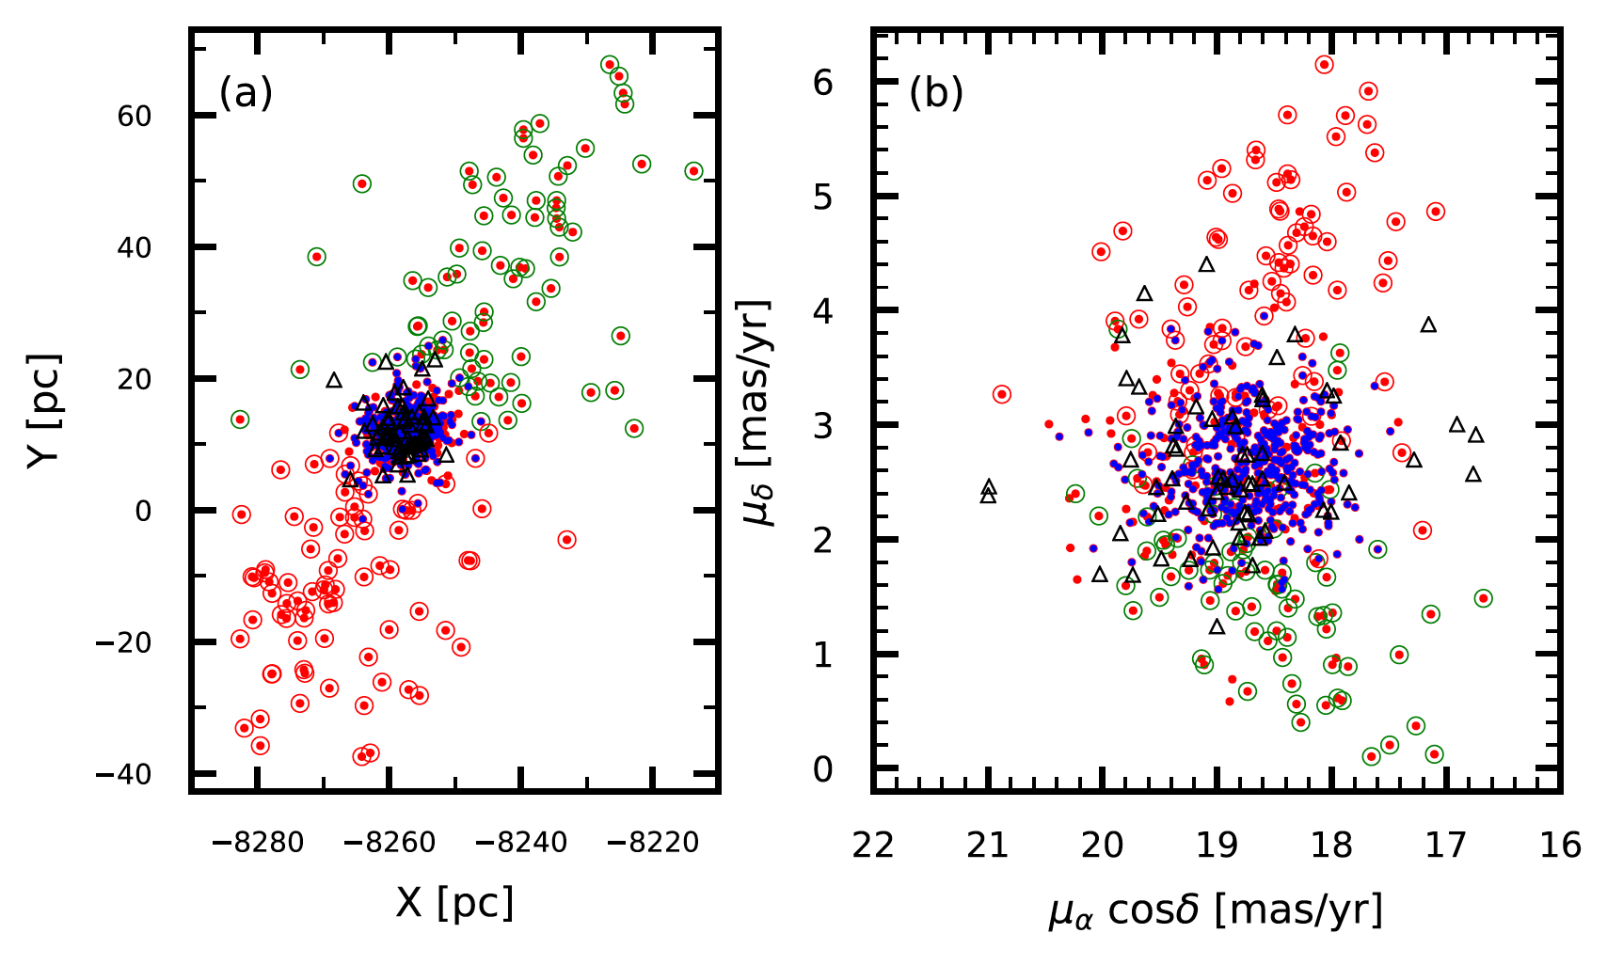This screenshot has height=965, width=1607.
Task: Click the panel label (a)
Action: click(x=246, y=94)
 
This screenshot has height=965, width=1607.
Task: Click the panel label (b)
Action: click(x=935, y=94)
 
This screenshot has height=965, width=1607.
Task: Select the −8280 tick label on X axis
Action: click(x=258, y=843)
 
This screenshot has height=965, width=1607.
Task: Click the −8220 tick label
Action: click(x=653, y=843)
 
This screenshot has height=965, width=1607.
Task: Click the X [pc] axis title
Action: click(x=454, y=903)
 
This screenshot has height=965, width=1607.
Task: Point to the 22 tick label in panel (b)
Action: click(x=873, y=845)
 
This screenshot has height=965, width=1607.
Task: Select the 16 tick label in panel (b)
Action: click(x=1561, y=845)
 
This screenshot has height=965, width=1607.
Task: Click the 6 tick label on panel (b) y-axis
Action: click(x=822, y=84)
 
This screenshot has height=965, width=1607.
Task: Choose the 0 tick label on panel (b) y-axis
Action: click(x=822, y=770)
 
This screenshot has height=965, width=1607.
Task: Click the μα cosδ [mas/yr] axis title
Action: click(x=1216, y=910)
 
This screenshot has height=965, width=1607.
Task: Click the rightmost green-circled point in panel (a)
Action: click(x=693, y=171)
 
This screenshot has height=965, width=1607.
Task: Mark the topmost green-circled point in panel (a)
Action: click(x=610, y=65)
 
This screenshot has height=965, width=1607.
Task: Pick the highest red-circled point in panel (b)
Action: click(x=1324, y=65)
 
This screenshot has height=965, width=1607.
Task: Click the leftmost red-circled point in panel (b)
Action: click(x=1001, y=394)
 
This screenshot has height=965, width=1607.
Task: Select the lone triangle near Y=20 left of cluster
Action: click(x=333, y=380)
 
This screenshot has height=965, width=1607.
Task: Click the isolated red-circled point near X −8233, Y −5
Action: click(x=566, y=540)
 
